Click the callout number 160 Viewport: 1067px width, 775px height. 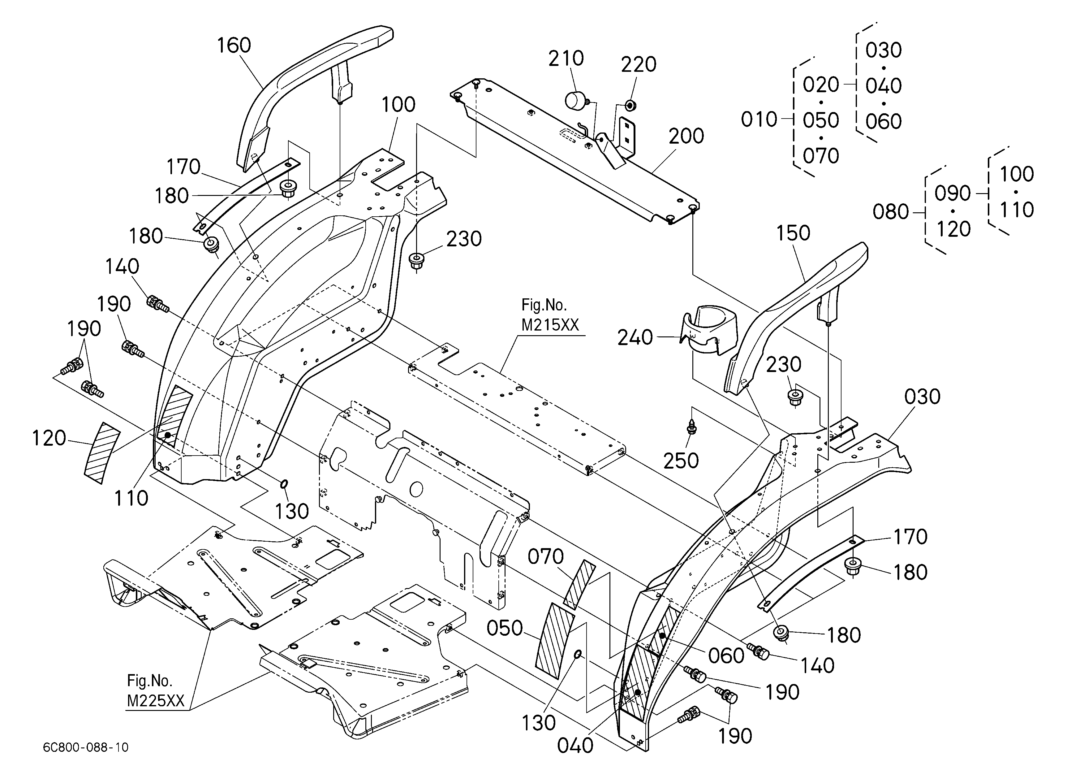(234, 45)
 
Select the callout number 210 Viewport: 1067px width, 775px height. (566, 59)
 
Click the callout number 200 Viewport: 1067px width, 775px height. (686, 136)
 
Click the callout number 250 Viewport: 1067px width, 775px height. (681, 461)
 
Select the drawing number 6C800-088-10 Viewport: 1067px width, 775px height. (86, 747)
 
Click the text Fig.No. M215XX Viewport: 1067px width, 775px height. (550, 315)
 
